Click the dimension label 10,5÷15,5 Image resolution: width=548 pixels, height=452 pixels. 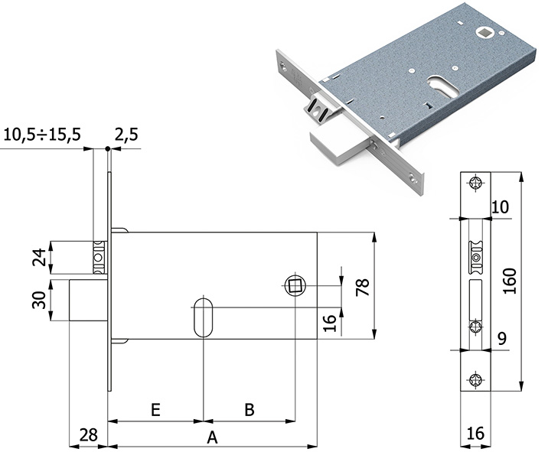tap(42, 135)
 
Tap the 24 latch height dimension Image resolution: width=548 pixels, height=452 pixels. tap(36, 257)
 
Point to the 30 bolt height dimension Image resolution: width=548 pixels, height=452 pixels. tap(36, 295)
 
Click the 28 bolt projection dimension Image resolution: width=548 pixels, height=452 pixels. tap(88, 435)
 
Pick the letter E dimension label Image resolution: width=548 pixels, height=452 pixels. tap(155, 410)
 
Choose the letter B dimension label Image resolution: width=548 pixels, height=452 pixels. tap(249, 410)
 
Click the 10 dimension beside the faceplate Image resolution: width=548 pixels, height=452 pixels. tap(501, 206)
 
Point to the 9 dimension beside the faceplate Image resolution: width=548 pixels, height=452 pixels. tap(501, 337)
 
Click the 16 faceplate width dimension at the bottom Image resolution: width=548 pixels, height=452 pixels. tap(475, 434)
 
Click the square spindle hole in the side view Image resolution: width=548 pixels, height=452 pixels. tap(295, 286)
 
